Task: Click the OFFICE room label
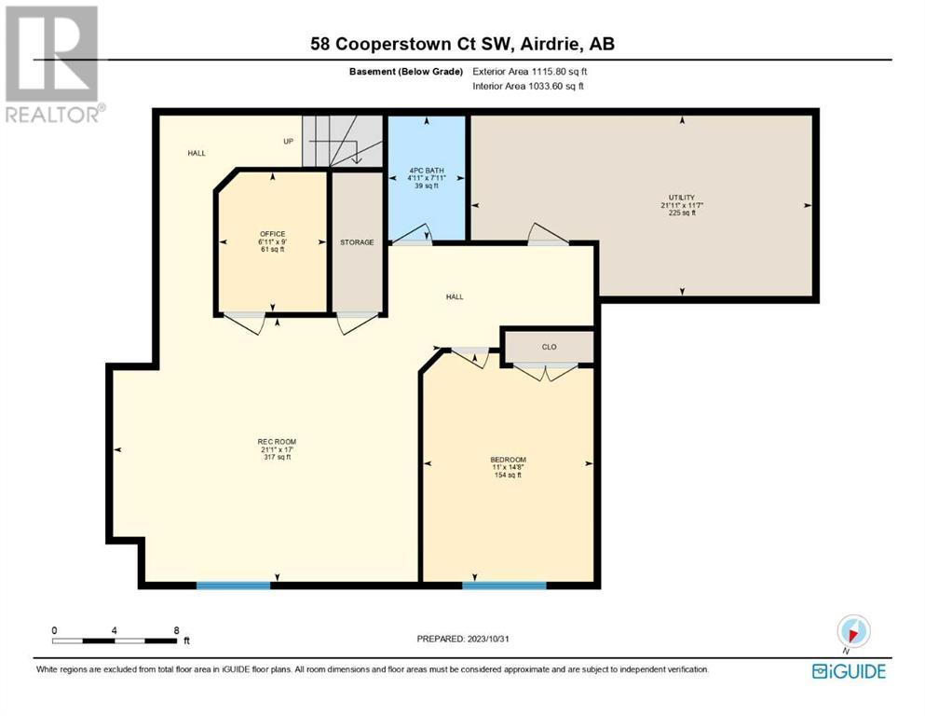click(x=273, y=234)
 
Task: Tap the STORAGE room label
click(x=357, y=242)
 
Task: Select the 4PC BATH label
click(x=427, y=171)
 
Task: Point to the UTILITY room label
click(x=682, y=198)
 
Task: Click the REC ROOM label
click(x=277, y=442)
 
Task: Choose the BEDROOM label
click(x=508, y=460)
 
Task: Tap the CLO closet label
click(x=550, y=347)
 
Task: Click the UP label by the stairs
click(x=289, y=141)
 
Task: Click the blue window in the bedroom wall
click(x=504, y=585)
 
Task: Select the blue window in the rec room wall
click(x=233, y=585)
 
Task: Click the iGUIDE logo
click(x=849, y=671)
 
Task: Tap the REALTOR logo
click(x=52, y=65)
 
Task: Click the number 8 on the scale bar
click(x=176, y=630)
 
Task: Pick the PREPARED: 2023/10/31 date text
click(x=462, y=639)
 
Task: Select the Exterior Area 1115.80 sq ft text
click(x=530, y=72)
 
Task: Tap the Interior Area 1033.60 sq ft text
click(x=528, y=86)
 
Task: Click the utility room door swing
click(x=548, y=234)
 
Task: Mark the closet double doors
click(x=546, y=372)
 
